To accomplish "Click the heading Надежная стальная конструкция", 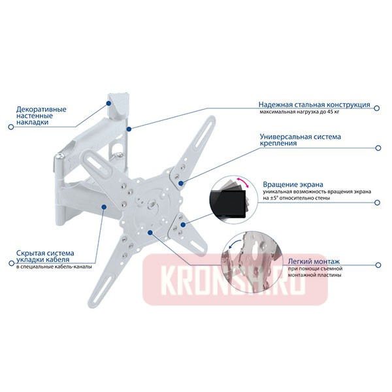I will click(x=314, y=105).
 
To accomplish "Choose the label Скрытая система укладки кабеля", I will click(x=46, y=257).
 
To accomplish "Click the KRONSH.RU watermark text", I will click(x=236, y=282).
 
